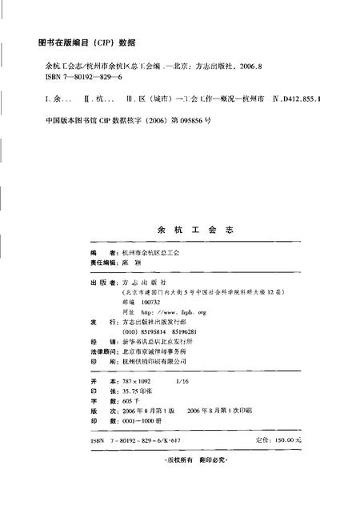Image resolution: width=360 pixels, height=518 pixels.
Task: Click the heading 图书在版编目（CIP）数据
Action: click(x=87, y=42)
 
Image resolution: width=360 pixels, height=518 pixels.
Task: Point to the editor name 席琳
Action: click(x=127, y=262)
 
